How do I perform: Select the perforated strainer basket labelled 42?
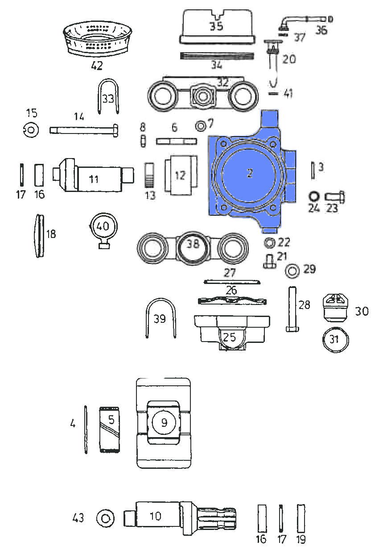pos(97,39)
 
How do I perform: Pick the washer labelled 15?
pos(31,130)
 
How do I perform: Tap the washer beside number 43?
pos(106,518)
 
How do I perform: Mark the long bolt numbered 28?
pos(292,308)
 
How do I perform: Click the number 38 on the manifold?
pos(193,243)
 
